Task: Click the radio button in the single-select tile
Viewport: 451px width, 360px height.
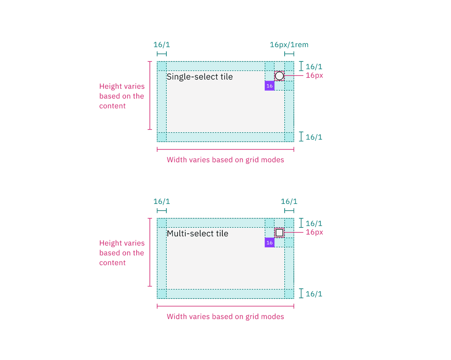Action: click(x=279, y=76)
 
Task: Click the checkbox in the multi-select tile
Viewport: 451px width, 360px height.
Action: click(x=279, y=233)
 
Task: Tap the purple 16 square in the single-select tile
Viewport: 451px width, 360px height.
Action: click(x=269, y=86)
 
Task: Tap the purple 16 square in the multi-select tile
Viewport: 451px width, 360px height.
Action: click(x=269, y=243)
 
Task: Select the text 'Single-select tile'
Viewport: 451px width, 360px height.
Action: click(x=200, y=77)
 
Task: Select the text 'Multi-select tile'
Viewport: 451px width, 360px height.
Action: click(x=197, y=234)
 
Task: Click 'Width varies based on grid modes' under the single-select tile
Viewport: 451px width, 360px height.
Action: click(x=225, y=160)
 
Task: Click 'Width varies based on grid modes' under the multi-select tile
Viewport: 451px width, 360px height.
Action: click(x=225, y=317)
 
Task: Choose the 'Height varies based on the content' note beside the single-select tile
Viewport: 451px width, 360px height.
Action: click(x=122, y=96)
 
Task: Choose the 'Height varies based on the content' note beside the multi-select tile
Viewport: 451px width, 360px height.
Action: click(x=122, y=253)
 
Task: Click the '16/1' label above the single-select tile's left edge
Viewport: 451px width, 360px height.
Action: click(x=162, y=45)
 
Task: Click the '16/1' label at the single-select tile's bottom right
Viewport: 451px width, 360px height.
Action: click(x=314, y=137)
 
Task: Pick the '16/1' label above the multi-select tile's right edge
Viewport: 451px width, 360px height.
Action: click(x=289, y=202)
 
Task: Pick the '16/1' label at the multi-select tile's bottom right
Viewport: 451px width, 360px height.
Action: click(x=314, y=294)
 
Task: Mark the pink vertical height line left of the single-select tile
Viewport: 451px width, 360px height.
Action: click(x=150, y=95)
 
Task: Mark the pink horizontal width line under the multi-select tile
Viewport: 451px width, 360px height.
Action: click(x=225, y=306)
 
